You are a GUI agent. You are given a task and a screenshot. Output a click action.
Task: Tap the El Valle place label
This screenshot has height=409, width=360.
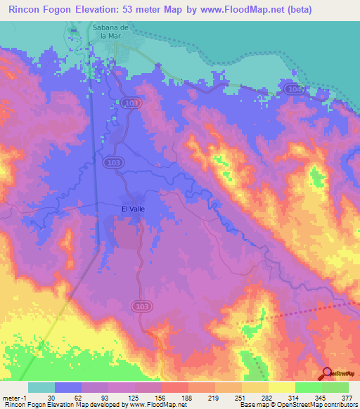point(133,209)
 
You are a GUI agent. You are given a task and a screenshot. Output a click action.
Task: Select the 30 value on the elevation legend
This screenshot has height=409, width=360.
point(51,396)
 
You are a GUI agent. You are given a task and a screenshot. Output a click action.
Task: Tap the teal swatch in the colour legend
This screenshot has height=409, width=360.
point(41,387)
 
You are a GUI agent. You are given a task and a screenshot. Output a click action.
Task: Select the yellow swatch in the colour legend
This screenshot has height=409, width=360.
point(281,387)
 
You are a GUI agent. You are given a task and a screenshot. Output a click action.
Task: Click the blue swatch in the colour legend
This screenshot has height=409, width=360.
point(68,387)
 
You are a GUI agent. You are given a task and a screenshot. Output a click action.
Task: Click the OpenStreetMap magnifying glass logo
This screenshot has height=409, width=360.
point(327,373)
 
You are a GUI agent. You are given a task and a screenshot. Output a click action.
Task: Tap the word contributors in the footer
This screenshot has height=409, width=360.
point(340,404)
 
